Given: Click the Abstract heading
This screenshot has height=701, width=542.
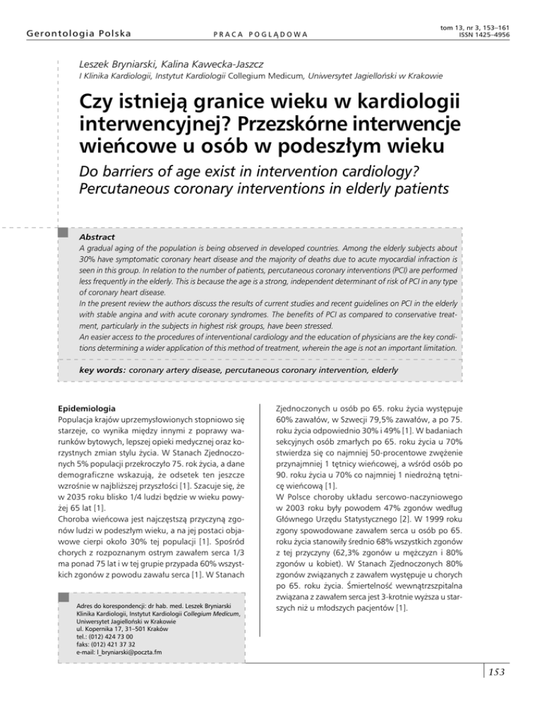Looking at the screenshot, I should [x=96, y=238].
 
